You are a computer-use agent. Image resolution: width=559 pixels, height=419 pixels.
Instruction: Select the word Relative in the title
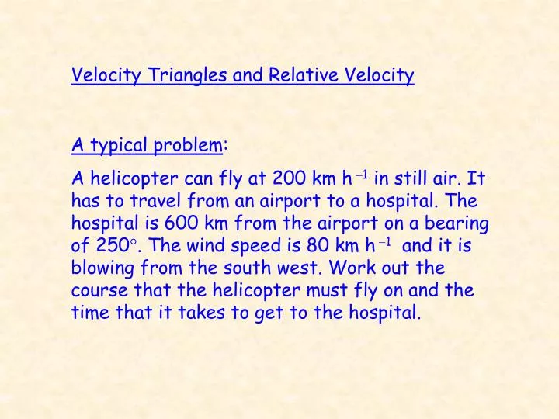coord(299,75)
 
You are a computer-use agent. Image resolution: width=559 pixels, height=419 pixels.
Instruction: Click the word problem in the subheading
coord(186,145)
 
